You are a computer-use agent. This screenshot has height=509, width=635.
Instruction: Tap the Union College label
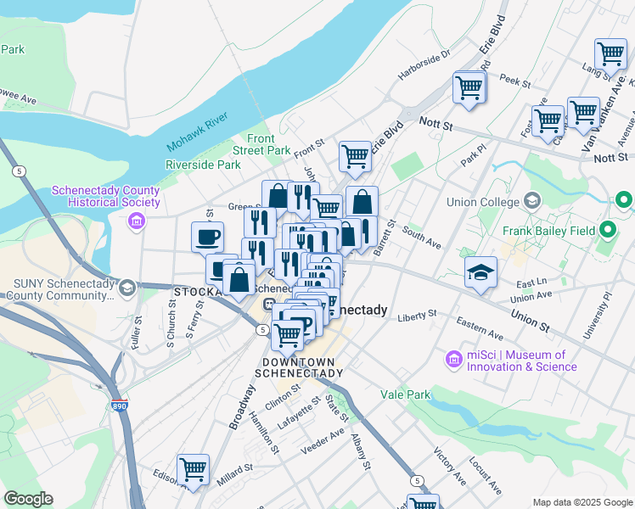(483, 203)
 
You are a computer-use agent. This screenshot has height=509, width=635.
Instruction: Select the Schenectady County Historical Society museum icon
(135, 221)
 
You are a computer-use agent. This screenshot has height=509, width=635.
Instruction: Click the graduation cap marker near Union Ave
(481, 273)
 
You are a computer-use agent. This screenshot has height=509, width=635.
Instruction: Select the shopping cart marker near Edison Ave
(194, 469)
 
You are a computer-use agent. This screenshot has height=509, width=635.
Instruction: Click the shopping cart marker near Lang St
(610, 54)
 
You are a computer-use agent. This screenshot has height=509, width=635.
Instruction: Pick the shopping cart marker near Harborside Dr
(469, 87)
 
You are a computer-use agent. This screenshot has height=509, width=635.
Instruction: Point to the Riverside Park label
(203, 165)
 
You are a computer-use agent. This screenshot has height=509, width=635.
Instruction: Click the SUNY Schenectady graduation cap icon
(126, 287)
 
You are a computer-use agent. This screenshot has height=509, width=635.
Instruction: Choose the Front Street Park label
(269, 144)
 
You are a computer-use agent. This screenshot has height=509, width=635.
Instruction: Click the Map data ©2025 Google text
(582, 502)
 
